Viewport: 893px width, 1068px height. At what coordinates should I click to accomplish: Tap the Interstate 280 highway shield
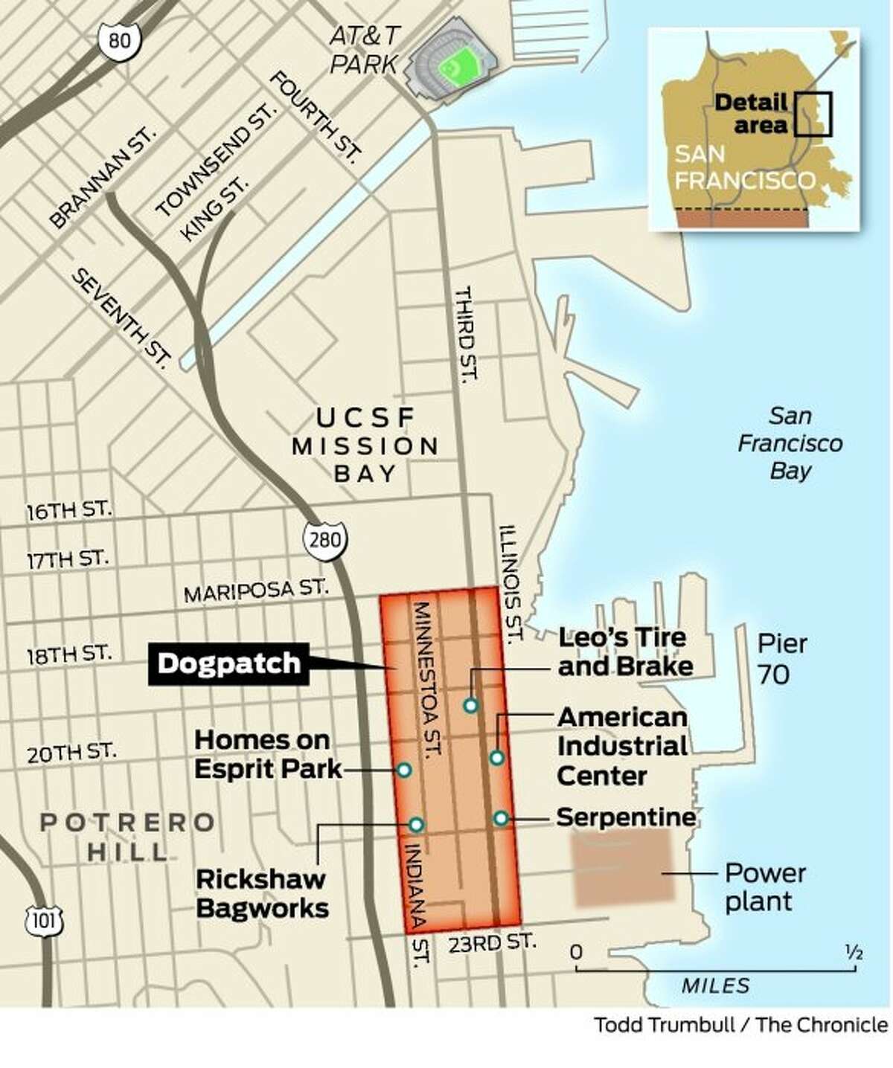(x=325, y=540)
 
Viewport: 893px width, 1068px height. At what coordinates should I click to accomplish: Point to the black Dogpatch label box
(x=228, y=663)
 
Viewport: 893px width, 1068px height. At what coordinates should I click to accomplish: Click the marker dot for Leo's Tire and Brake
(x=470, y=705)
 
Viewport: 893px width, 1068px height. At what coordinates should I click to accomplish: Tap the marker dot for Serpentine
(x=501, y=818)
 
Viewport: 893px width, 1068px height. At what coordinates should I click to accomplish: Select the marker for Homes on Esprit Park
(x=404, y=770)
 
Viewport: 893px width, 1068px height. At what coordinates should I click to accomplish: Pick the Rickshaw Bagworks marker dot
(x=416, y=824)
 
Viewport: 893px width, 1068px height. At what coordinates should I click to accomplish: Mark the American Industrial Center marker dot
(x=497, y=758)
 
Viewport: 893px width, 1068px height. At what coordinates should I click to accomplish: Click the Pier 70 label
(x=781, y=659)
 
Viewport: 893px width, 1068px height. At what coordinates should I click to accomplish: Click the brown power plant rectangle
(x=624, y=869)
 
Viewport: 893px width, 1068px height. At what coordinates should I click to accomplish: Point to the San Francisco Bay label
(x=790, y=443)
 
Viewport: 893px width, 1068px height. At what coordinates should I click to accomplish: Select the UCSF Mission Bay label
(x=365, y=445)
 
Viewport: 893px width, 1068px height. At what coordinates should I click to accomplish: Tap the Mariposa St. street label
(x=255, y=591)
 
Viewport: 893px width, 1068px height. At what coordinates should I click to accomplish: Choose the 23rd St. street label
(x=492, y=943)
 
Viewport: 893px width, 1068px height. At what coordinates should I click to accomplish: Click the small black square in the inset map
(x=812, y=113)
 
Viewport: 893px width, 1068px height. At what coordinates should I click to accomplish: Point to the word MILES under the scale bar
(x=715, y=985)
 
